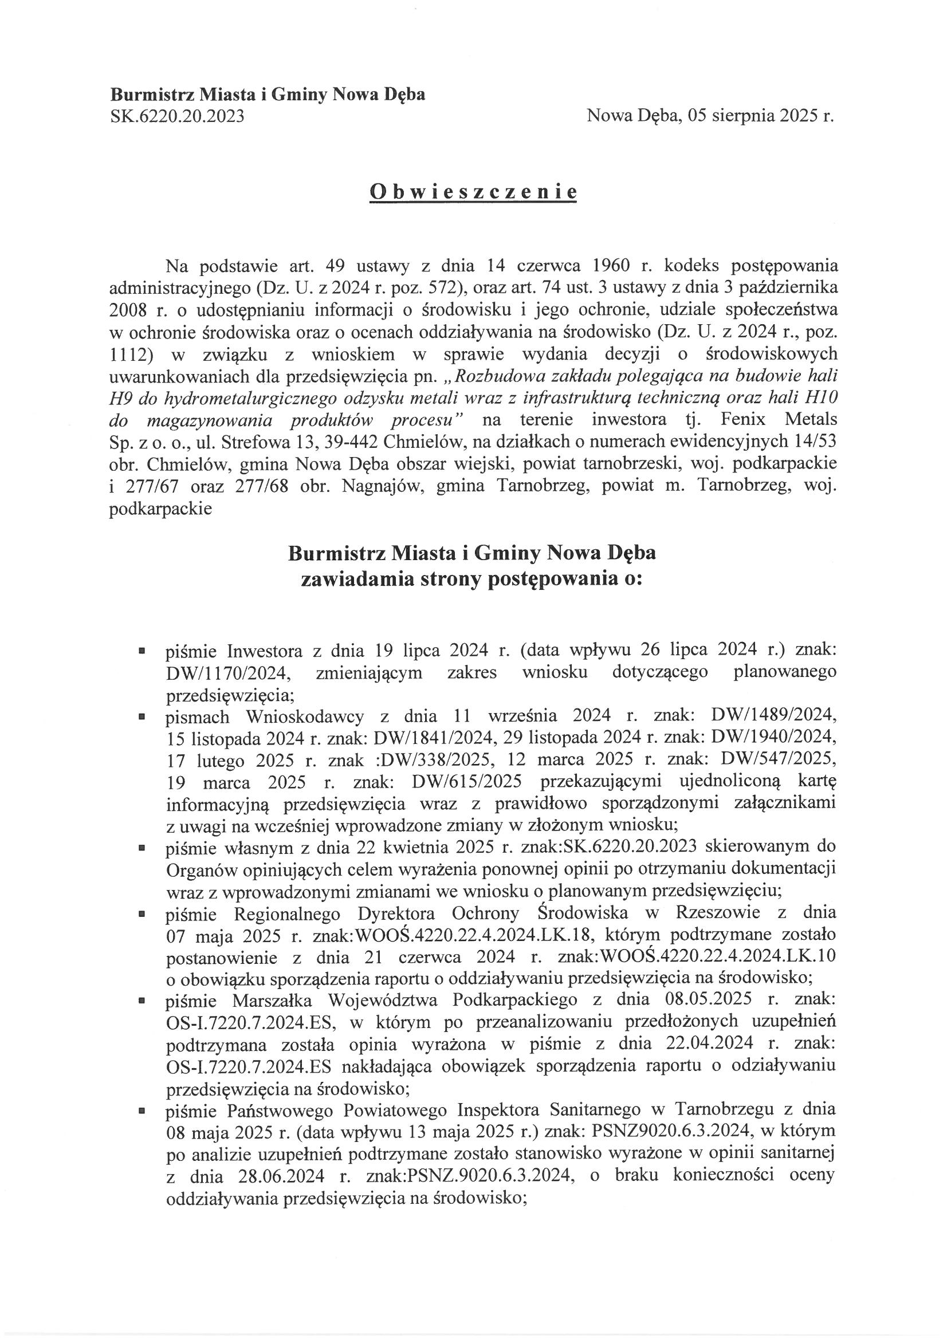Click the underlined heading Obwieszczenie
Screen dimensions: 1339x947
tap(473, 192)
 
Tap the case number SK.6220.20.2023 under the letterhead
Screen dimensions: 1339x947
tap(177, 117)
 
